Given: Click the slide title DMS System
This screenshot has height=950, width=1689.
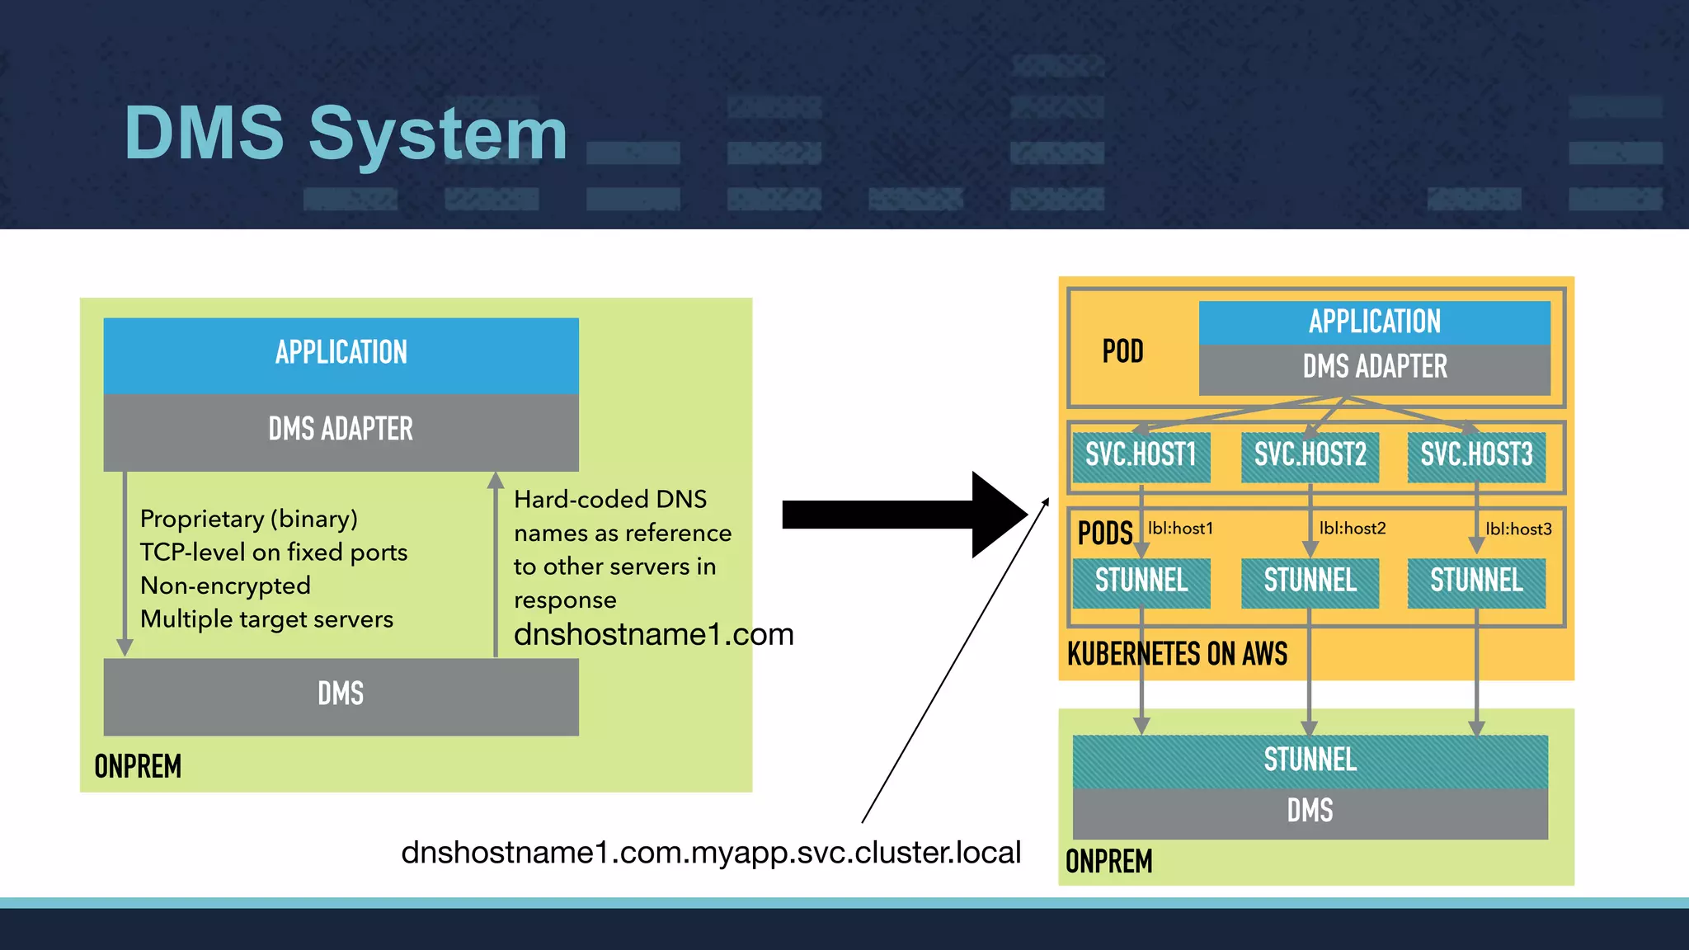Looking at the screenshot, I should click(346, 134).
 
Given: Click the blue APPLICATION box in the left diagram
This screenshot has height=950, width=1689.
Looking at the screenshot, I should click(341, 354).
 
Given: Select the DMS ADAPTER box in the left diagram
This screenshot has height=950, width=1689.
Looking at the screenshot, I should click(341, 430).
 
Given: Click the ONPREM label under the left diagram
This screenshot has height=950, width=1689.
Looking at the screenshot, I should click(138, 767).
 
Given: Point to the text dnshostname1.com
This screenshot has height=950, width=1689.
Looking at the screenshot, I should click(653, 635).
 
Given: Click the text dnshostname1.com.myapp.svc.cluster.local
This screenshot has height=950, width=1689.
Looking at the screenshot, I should click(711, 853).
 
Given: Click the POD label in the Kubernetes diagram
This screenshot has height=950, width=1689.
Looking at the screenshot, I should click(1123, 352).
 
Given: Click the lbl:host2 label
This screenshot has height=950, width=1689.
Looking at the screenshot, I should click(1353, 529).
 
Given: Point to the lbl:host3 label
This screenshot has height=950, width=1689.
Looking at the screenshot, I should click(1518, 529).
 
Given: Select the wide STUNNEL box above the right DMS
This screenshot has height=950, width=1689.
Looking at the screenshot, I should click(1310, 760).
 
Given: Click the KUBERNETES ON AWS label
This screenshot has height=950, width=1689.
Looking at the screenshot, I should click(1177, 655).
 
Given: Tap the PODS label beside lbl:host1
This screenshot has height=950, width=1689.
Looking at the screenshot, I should click(1105, 534).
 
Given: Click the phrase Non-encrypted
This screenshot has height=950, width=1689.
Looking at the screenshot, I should click(225, 586).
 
